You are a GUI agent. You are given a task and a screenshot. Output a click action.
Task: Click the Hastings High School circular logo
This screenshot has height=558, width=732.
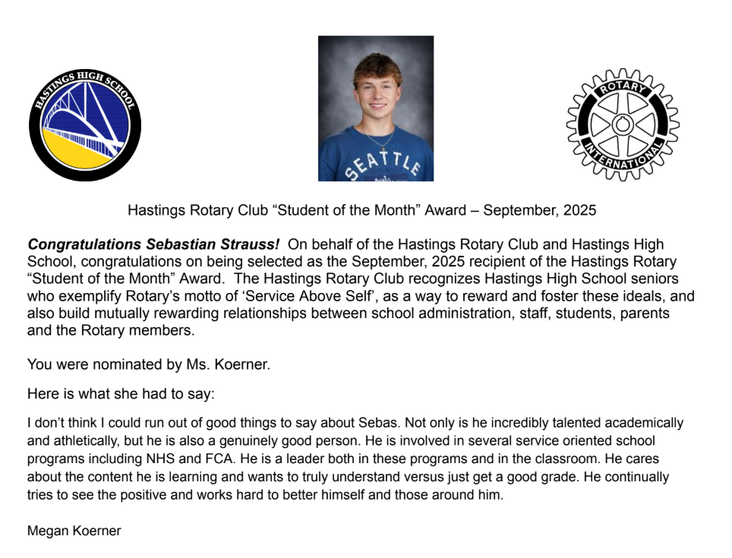tap(85, 125)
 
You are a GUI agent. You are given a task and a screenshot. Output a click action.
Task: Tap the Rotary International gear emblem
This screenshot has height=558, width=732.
tap(623, 125)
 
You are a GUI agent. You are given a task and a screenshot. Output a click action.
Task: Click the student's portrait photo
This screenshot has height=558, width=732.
tap(375, 108)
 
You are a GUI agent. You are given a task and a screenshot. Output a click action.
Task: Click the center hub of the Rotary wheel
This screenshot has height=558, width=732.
tap(623, 124)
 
